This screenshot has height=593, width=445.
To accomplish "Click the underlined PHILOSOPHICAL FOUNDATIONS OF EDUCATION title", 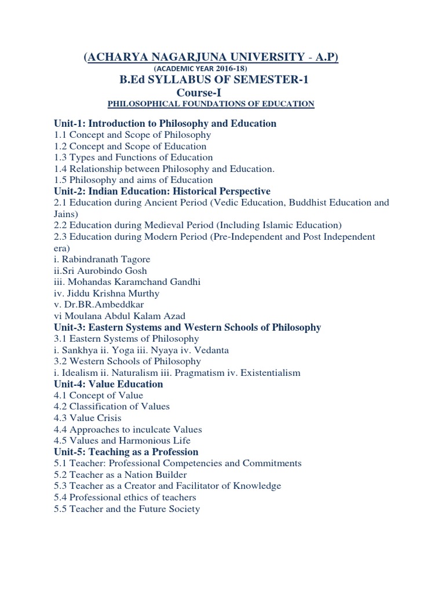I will point(211,104).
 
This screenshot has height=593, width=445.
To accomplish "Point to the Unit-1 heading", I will point(165,123).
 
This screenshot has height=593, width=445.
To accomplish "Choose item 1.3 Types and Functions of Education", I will point(133,158).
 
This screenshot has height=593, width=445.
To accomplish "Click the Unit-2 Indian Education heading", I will point(162,191).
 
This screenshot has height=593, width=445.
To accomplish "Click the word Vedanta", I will point(212,350).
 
